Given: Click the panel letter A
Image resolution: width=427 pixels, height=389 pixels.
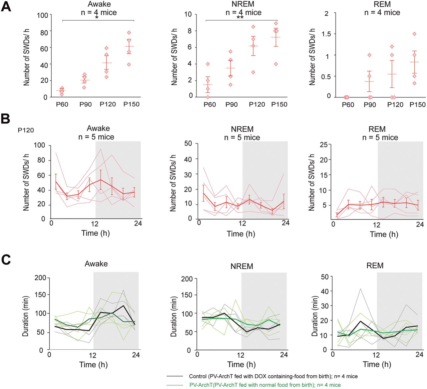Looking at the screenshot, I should coord(6,7).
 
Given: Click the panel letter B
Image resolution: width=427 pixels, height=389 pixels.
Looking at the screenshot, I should coord(5,118).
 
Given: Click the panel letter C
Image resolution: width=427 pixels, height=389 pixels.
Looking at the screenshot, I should coord(6,260).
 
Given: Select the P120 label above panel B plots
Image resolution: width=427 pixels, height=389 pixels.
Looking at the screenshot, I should coord(26,130).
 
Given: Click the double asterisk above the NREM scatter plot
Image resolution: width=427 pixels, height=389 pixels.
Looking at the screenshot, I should coord(240,17).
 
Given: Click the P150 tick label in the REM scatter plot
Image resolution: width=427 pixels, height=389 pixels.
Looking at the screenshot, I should coord(417,105).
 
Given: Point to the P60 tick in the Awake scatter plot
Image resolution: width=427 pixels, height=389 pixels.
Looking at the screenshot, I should coord(62,104).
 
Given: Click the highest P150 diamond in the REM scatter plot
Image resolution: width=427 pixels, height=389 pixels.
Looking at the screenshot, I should coord(414,34).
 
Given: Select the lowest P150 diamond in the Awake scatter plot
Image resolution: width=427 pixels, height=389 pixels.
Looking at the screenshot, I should coord(129,64).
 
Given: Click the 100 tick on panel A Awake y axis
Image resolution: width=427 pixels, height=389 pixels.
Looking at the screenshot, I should coord(42,15).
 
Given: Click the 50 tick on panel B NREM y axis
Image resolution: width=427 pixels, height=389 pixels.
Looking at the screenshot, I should coord(188,143).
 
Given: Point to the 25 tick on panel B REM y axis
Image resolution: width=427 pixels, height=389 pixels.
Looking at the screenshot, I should coord(323,144).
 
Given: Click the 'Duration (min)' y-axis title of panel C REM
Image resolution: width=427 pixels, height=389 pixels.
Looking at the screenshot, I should coord(315,316).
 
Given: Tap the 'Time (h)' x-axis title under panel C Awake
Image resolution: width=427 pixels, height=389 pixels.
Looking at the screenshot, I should coord(93,365).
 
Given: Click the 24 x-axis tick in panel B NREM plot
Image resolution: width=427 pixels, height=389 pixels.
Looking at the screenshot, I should coord(285,223).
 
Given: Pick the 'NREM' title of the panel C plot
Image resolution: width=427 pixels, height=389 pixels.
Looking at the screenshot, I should coord(242,266).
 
